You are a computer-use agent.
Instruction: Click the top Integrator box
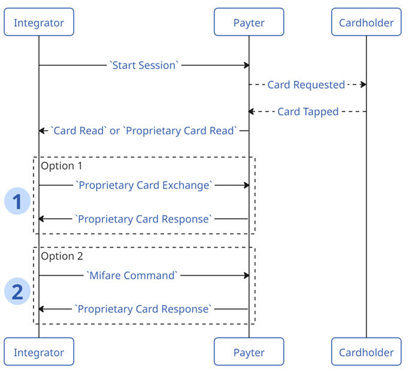[39, 23]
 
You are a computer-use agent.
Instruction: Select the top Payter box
[249, 23]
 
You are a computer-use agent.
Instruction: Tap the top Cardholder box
[366, 23]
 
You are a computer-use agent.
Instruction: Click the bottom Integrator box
[39, 352]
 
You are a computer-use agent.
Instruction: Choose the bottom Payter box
[249, 352]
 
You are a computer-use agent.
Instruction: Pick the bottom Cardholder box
[366, 352]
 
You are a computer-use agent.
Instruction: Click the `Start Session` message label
[144, 65]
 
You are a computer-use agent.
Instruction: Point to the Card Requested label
[306, 85]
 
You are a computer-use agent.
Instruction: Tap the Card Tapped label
[308, 111]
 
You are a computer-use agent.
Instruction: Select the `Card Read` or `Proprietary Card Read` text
[144, 131]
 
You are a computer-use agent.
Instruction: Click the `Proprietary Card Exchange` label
[144, 185]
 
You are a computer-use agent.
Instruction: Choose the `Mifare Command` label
[132, 275]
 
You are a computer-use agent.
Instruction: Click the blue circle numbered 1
[17, 201]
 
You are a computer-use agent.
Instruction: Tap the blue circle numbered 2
[17, 292]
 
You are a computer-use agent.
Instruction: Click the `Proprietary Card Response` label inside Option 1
[143, 219]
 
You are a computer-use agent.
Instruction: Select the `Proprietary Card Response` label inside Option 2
[143, 309]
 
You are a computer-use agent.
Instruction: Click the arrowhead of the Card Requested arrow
[363, 85]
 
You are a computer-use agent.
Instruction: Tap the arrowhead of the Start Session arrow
[246, 65]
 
